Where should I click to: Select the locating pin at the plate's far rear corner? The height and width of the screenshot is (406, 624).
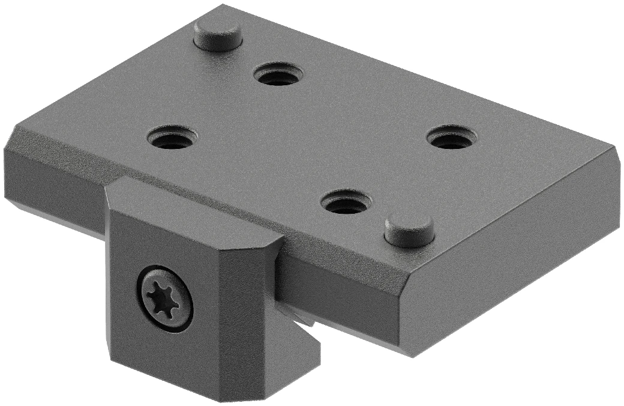point(218,35)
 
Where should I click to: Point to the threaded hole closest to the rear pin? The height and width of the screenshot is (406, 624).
point(278,75)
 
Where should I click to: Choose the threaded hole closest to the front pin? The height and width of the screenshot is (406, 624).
point(346,202)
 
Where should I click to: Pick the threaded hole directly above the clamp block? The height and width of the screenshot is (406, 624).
point(172,138)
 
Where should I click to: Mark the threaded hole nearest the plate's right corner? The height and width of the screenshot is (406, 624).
point(452,138)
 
